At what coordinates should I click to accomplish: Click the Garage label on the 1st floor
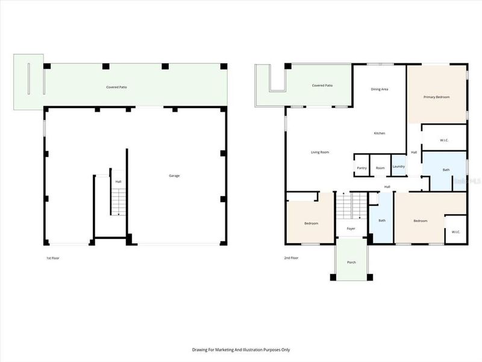coord(174,176)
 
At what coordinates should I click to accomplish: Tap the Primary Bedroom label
coord(436,97)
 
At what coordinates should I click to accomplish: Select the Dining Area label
coord(379,89)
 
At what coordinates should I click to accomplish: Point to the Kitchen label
coord(379,133)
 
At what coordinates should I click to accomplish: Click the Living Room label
coord(319,152)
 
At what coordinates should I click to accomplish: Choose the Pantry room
coord(361,168)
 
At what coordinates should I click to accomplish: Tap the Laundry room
coord(398,166)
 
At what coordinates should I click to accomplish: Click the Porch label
coord(351,262)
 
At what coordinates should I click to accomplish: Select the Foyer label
coord(351,229)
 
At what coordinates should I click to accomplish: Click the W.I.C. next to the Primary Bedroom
coord(444,141)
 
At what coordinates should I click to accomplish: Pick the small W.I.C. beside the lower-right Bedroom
coord(455,232)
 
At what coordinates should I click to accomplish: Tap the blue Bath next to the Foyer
coord(381,220)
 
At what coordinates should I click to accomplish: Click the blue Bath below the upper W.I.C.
coord(446,170)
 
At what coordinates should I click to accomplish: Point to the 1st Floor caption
coord(53,258)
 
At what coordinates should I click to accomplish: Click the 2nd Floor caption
coord(291,258)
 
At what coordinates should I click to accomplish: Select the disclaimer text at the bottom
coord(241,349)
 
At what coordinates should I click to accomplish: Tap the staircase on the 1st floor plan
coord(119,201)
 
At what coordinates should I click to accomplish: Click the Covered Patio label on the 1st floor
coord(116,87)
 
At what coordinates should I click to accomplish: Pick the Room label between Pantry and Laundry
coord(380,168)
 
